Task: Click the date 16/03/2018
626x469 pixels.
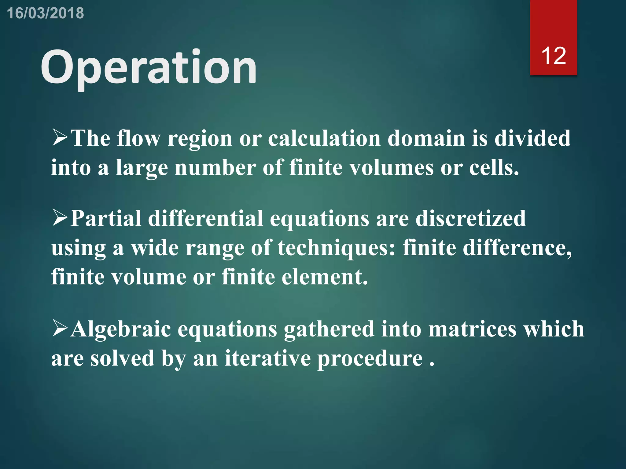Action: pyautogui.click(x=45, y=13)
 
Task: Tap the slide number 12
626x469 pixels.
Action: pyautogui.click(x=553, y=56)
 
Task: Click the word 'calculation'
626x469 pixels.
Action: pyautogui.click(x=324, y=138)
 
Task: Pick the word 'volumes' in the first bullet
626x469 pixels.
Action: pyautogui.click(x=391, y=168)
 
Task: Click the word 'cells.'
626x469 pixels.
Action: pyautogui.click(x=494, y=168)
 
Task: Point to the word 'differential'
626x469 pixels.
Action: pyautogui.click(x=205, y=219)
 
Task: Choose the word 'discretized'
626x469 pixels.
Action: pyautogui.click(x=471, y=219)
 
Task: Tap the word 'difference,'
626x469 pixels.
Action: pyautogui.click(x=517, y=247)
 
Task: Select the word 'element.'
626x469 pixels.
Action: pyautogui.click(x=325, y=277)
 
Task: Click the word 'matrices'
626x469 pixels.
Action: pyautogui.click(x=472, y=329)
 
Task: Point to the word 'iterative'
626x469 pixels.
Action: pyautogui.click(x=267, y=358)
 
